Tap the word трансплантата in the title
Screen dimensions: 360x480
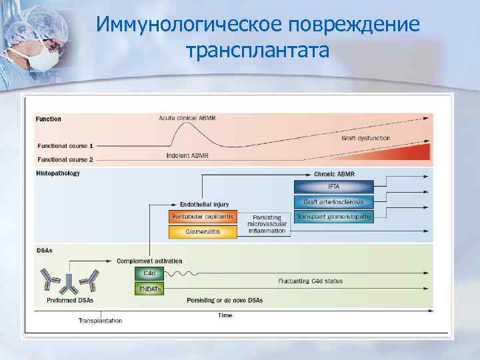point(258,50)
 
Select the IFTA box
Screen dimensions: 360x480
point(333,187)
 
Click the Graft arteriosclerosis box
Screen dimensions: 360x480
point(333,202)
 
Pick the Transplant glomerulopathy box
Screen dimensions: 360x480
point(333,217)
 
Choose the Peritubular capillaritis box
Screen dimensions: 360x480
point(203,217)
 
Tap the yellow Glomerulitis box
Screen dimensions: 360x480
point(203,232)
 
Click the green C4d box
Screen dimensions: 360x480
point(149,273)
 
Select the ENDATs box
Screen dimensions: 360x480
point(149,288)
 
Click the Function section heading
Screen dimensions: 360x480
point(49,119)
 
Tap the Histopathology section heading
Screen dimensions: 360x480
point(58,173)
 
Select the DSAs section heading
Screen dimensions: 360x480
point(45,251)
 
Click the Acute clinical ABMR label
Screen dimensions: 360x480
point(187,118)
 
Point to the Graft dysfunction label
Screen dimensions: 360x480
point(365,138)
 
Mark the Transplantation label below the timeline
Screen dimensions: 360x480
point(100,321)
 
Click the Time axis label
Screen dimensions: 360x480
point(225,315)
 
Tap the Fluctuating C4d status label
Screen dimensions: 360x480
point(311,281)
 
